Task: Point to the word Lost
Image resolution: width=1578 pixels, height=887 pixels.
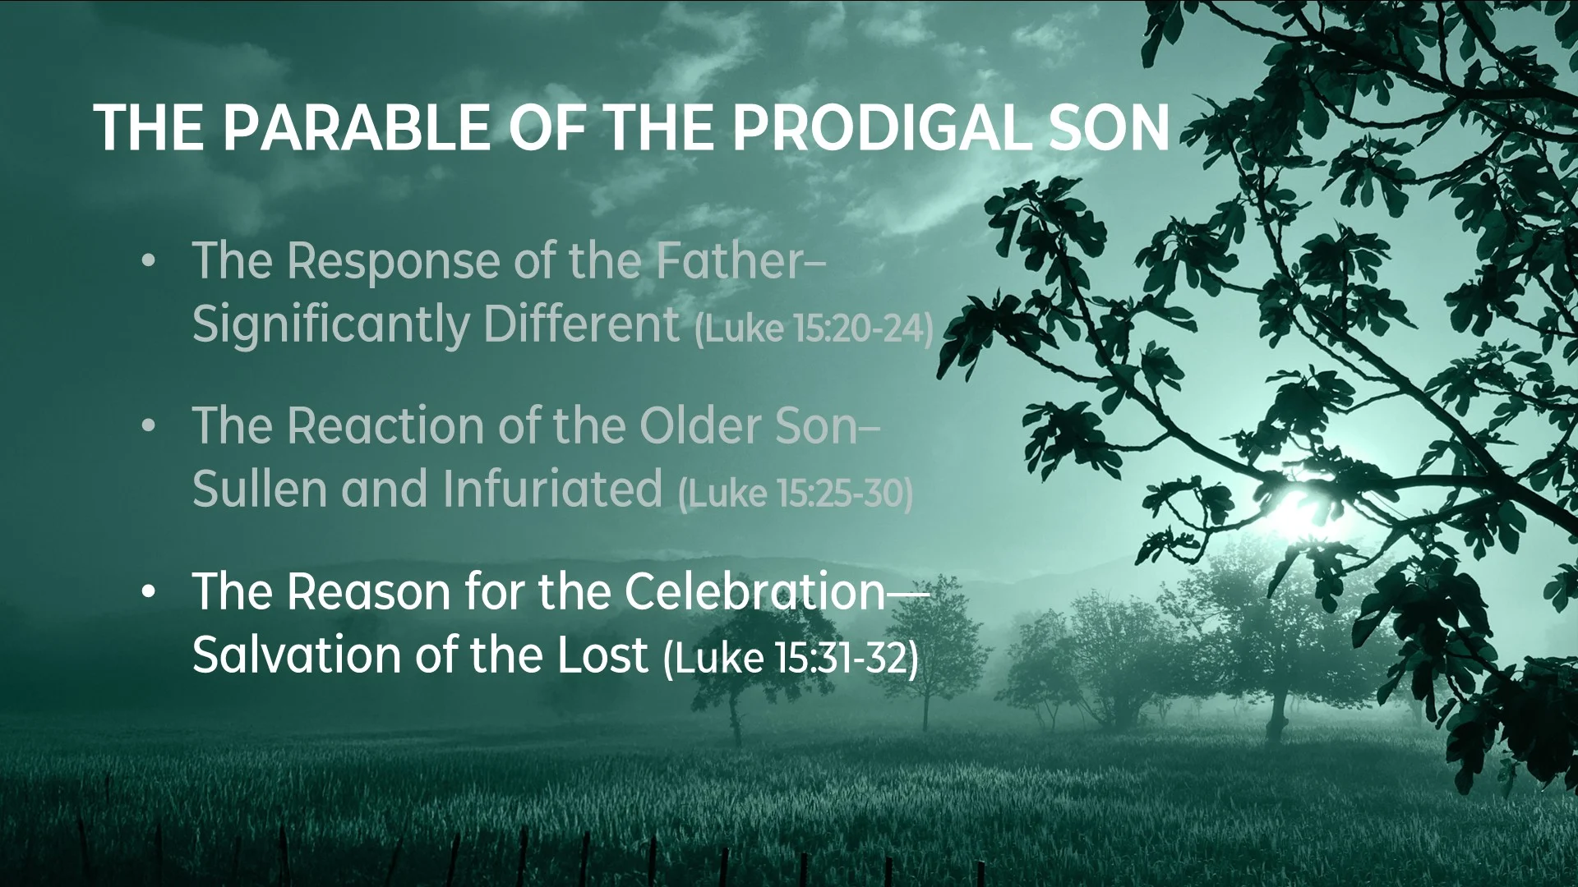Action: [x=602, y=655]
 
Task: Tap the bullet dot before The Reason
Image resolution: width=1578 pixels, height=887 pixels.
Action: [x=148, y=594]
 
